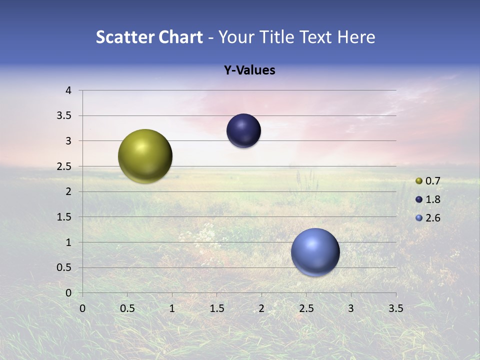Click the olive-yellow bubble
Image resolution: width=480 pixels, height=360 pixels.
145,156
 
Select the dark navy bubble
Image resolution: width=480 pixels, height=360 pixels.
243,131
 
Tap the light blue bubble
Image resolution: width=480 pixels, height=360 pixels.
315,252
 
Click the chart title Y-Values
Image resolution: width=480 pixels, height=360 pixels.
249,70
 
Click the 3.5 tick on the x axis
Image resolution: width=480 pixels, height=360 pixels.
395,308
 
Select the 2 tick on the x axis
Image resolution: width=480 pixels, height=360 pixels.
261,308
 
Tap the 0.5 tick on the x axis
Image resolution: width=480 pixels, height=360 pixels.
127,308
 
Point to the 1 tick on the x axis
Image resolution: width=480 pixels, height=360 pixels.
172,308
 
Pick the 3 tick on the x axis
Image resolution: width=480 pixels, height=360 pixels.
351,308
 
